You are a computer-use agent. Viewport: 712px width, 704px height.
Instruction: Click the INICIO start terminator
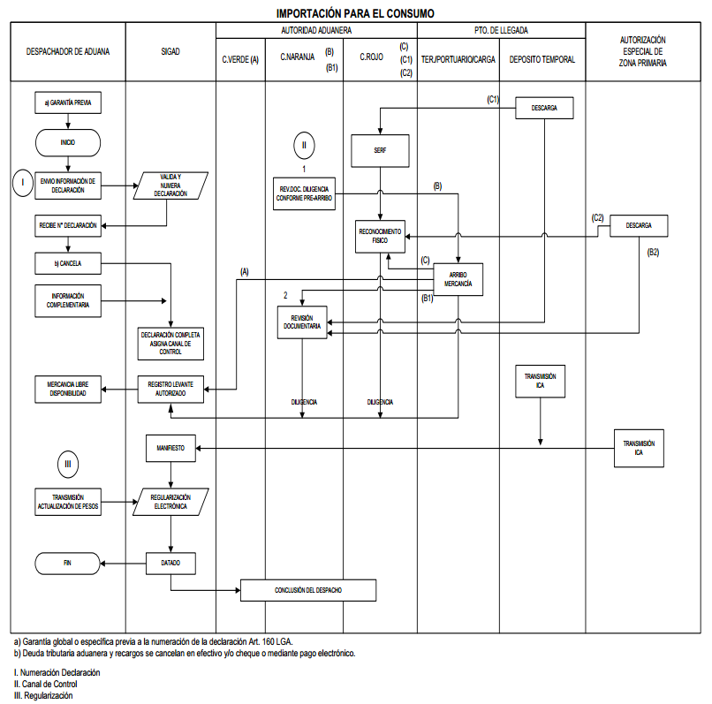click(x=68, y=141)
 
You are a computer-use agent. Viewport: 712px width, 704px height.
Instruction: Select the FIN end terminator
click(x=68, y=562)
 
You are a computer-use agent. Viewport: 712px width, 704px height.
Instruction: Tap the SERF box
click(x=380, y=151)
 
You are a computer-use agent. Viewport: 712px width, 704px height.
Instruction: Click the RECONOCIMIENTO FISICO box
click(x=380, y=235)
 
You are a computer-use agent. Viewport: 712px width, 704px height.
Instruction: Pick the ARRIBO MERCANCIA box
click(x=458, y=279)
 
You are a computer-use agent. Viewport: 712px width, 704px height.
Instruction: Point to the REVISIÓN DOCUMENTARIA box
click(x=302, y=322)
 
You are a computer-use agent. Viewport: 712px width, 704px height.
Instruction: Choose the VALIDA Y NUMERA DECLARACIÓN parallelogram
click(x=171, y=185)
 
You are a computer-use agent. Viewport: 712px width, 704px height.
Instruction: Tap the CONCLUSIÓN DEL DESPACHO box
click(x=308, y=589)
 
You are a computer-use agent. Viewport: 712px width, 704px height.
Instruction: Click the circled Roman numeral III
click(x=68, y=462)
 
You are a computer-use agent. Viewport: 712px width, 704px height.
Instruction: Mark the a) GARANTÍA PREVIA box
click(x=68, y=102)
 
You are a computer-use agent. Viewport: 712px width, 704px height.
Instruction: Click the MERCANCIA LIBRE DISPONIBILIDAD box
click(x=68, y=390)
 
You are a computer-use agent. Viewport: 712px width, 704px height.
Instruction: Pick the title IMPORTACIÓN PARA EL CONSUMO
click(x=355, y=13)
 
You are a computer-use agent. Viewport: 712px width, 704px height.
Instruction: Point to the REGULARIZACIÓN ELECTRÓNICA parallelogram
click(x=171, y=503)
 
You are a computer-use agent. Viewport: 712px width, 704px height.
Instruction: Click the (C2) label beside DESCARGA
click(x=598, y=217)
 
